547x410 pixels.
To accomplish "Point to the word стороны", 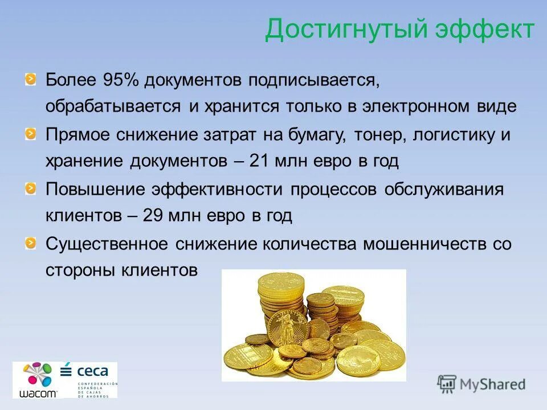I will tap(80, 270).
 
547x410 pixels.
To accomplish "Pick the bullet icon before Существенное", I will tap(30, 241).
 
